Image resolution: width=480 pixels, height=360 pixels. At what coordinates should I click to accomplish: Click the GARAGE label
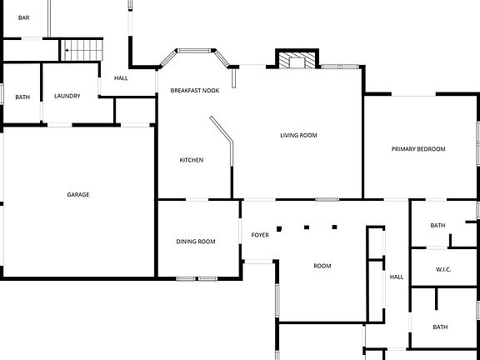pos(78,195)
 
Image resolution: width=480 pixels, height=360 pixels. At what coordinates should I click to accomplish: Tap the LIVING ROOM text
pos(297,135)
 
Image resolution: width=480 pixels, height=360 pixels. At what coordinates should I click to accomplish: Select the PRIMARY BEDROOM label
pos(418,149)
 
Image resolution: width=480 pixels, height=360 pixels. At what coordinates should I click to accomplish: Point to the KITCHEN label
pos(192,160)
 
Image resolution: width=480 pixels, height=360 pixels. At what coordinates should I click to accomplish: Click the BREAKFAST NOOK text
pos(195,90)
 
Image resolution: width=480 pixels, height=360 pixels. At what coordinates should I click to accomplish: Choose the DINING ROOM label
pos(196,242)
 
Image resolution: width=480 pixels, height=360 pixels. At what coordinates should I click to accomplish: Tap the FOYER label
pos(260,235)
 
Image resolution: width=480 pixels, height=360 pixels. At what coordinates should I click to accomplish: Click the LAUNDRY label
pos(67,97)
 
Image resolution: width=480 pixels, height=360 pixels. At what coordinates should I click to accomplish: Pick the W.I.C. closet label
pos(443,270)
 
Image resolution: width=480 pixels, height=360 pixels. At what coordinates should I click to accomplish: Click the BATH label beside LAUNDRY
pos(22,97)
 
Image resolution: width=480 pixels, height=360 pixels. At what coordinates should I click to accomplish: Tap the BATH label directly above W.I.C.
pos(437,226)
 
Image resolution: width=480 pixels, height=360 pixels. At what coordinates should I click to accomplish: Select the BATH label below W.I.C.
pos(440,327)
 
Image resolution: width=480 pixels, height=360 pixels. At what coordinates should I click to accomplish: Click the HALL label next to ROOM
pos(397,277)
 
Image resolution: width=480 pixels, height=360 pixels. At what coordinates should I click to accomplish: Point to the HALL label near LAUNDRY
pos(122,78)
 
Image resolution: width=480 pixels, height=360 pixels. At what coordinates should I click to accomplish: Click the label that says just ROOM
pos(322,266)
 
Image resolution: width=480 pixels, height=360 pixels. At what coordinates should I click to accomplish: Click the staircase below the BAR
pos(82,50)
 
